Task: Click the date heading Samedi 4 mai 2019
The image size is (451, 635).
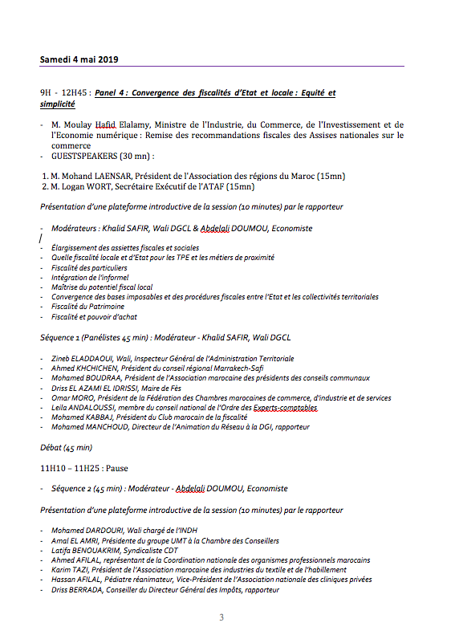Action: pyautogui.click(x=79, y=59)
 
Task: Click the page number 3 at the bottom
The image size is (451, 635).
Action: pyautogui.click(x=222, y=617)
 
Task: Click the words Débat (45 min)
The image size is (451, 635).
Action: pyautogui.click(x=67, y=447)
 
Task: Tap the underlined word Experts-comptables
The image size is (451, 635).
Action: pyautogui.click(x=290, y=407)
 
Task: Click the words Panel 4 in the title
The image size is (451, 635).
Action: pyautogui.click(x=112, y=93)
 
